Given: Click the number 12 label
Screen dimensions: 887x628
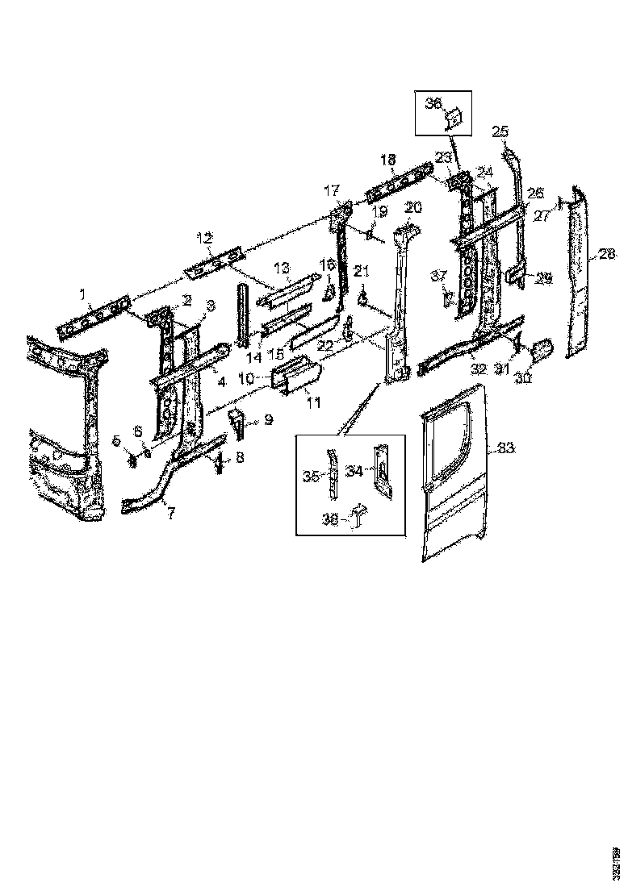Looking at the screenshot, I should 204,237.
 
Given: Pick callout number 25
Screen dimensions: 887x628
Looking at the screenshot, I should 500,131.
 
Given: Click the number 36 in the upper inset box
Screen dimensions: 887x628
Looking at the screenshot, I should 433,103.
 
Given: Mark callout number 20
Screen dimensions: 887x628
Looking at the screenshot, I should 413,207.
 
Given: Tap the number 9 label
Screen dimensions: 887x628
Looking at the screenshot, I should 268,419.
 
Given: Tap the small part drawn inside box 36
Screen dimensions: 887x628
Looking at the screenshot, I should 454,119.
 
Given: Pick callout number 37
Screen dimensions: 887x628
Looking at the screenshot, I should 438,276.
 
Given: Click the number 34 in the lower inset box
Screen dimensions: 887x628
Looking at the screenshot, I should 353,471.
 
